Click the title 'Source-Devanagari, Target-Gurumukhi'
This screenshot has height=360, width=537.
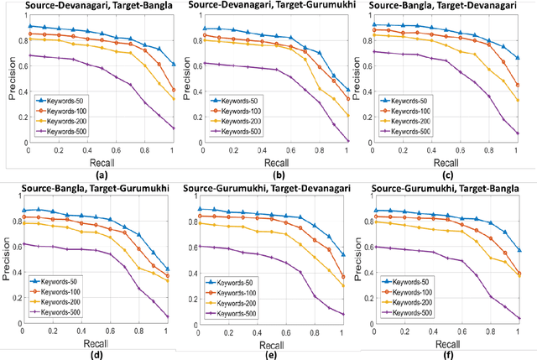pos(272,8)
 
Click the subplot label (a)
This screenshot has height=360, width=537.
pos(101,175)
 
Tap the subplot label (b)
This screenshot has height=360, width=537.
pos(277,175)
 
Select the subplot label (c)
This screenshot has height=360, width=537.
pos(453,175)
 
